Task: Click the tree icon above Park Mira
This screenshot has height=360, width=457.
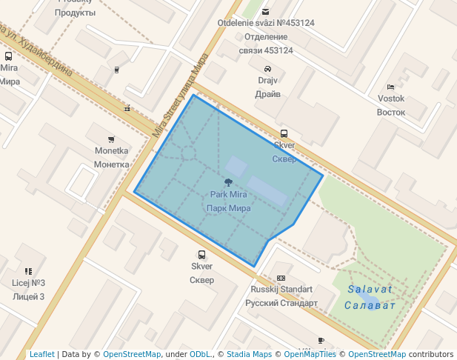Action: tap(228, 181)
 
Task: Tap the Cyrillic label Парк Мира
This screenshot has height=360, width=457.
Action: tap(229, 208)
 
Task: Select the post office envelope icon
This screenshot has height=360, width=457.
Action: tap(266, 11)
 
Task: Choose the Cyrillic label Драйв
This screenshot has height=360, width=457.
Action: tap(267, 94)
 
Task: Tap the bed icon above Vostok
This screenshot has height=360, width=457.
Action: tap(391, 87)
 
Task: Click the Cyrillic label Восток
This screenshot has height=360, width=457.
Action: tap(391, 113)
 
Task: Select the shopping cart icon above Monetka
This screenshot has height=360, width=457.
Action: tap(111, 139)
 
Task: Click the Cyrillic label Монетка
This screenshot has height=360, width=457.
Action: tap(112, 164)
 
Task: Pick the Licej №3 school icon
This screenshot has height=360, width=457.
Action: tap(28, 271)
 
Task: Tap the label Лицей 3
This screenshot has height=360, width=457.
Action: tap(29, 296)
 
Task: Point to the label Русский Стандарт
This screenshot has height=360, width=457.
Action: tap(281, 303)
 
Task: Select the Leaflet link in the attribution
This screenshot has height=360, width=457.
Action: tap(41, 354)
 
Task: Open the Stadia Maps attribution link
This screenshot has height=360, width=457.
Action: tap(250, 354)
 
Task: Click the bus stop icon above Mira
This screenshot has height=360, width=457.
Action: tap(8, 56)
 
